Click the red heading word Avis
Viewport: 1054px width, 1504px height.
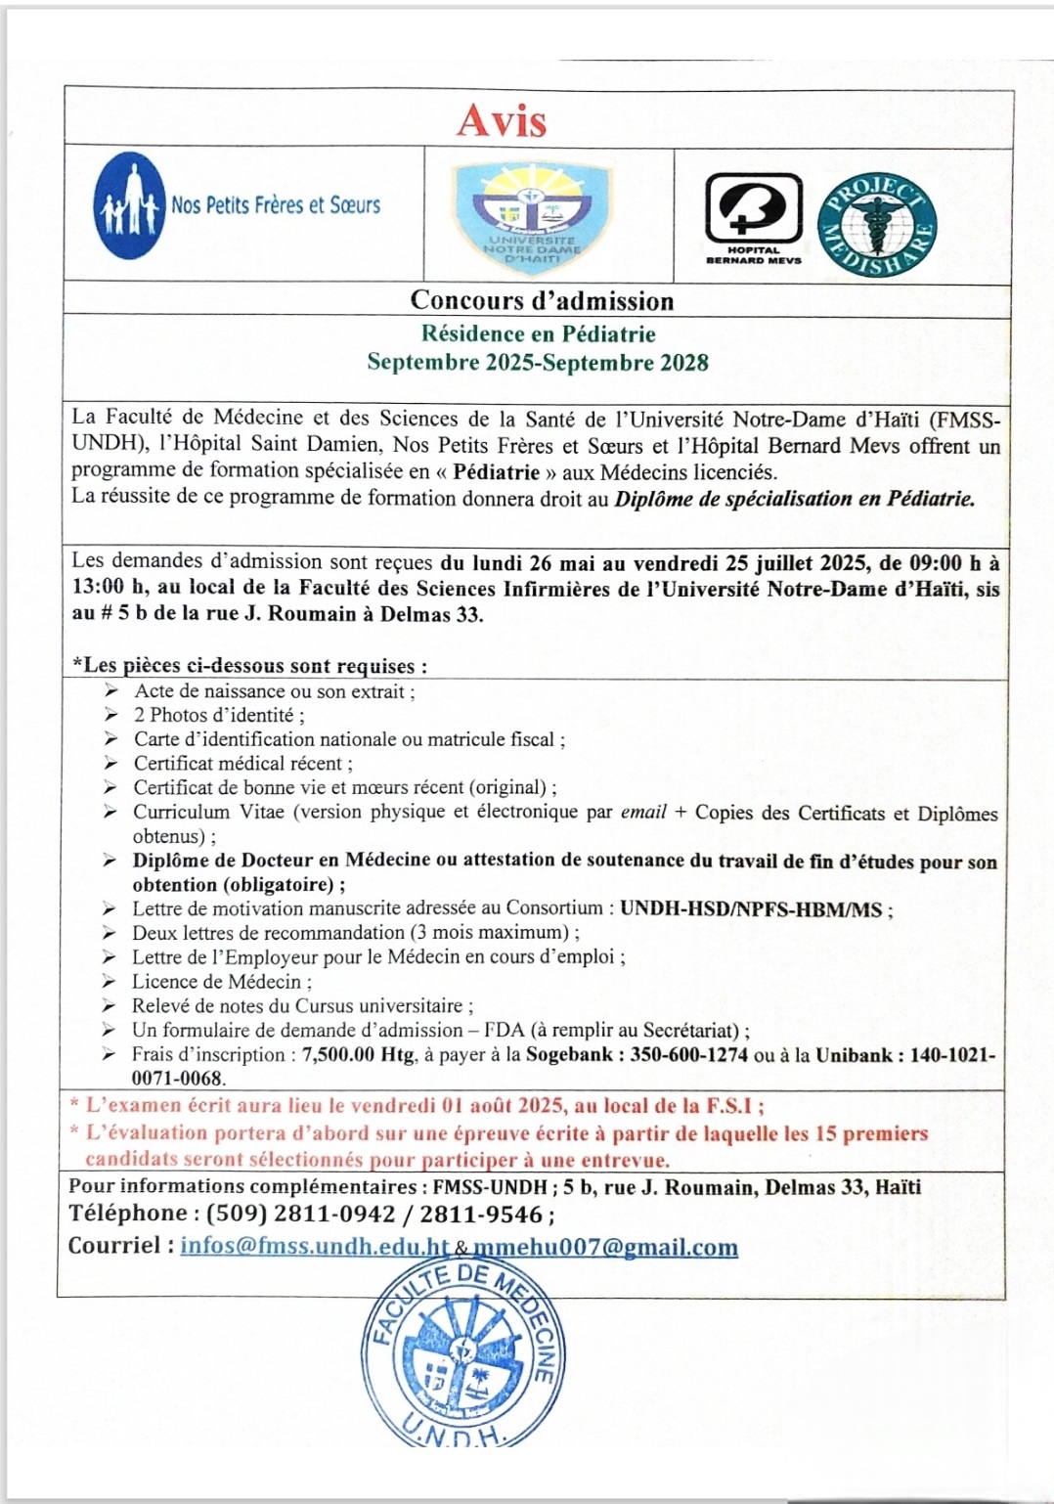502,120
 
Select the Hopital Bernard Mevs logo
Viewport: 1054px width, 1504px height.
754,217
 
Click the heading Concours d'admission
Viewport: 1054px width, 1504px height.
542,300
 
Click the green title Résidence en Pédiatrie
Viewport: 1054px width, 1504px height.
538,334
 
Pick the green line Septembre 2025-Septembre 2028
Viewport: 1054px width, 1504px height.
538,363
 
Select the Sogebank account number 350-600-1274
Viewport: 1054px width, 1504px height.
688,1055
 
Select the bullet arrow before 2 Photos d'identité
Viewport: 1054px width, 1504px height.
110,715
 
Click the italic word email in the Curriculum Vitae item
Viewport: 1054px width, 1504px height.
643,812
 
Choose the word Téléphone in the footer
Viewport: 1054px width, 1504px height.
127,1214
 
